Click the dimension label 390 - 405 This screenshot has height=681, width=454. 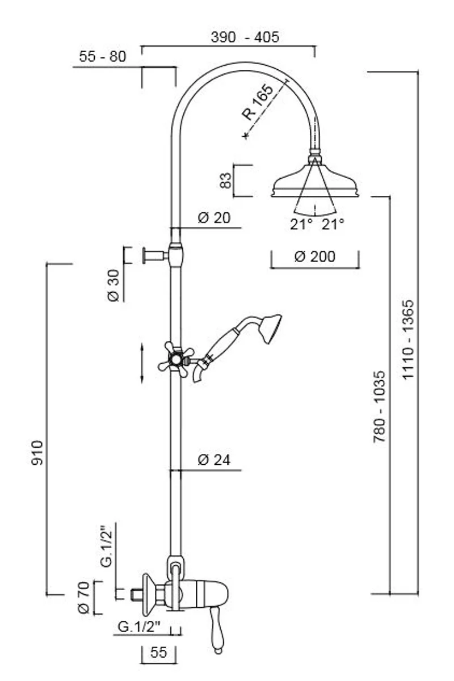pyautogui.click(x=245, y=37)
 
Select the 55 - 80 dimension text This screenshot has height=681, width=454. pyautogui.click(x=102, y=56)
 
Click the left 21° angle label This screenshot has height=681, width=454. pyautogui.click(x=301, y=224)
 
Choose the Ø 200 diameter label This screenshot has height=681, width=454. pyautogui.click(x=315, y=256)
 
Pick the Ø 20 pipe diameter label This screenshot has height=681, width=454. pyautogui.click(x=214, y=217)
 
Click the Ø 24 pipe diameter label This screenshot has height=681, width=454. pyautogui.click(x=214, y=460)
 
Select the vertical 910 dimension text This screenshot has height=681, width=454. pyautogui.click(x=37, y=452)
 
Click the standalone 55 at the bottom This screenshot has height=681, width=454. pyautogui.click(x=159, y=653)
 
